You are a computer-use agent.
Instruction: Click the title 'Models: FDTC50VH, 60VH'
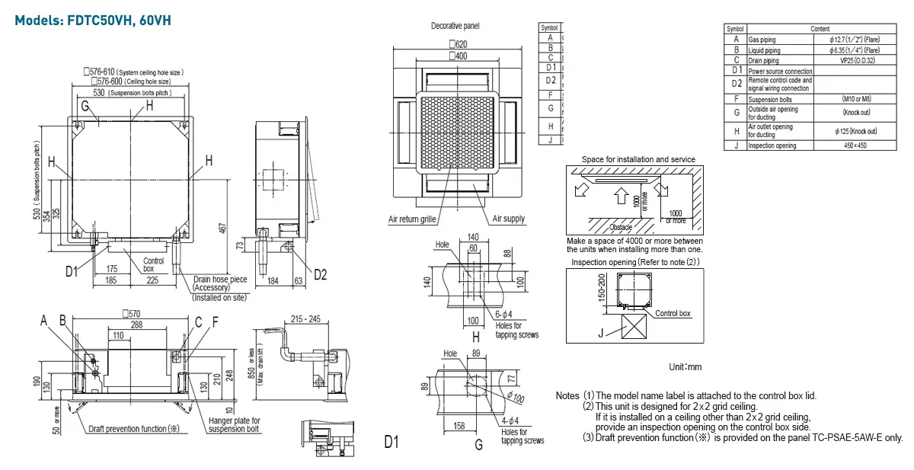click(x=89, y=20)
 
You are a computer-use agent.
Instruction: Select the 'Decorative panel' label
click(x=455, y=26)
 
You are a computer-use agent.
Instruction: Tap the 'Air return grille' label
click(x=412, y=219)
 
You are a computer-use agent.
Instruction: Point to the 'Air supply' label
click(x=508, y=219)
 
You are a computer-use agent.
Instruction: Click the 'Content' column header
click(x=820, y=28)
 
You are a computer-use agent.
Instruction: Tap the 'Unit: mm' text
click(x=685, y=367)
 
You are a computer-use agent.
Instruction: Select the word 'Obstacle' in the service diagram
click(x=621, y=227)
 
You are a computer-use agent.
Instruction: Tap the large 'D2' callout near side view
click(x=320, y=274)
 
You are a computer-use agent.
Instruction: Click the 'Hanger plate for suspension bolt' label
click(x=234, y=425)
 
